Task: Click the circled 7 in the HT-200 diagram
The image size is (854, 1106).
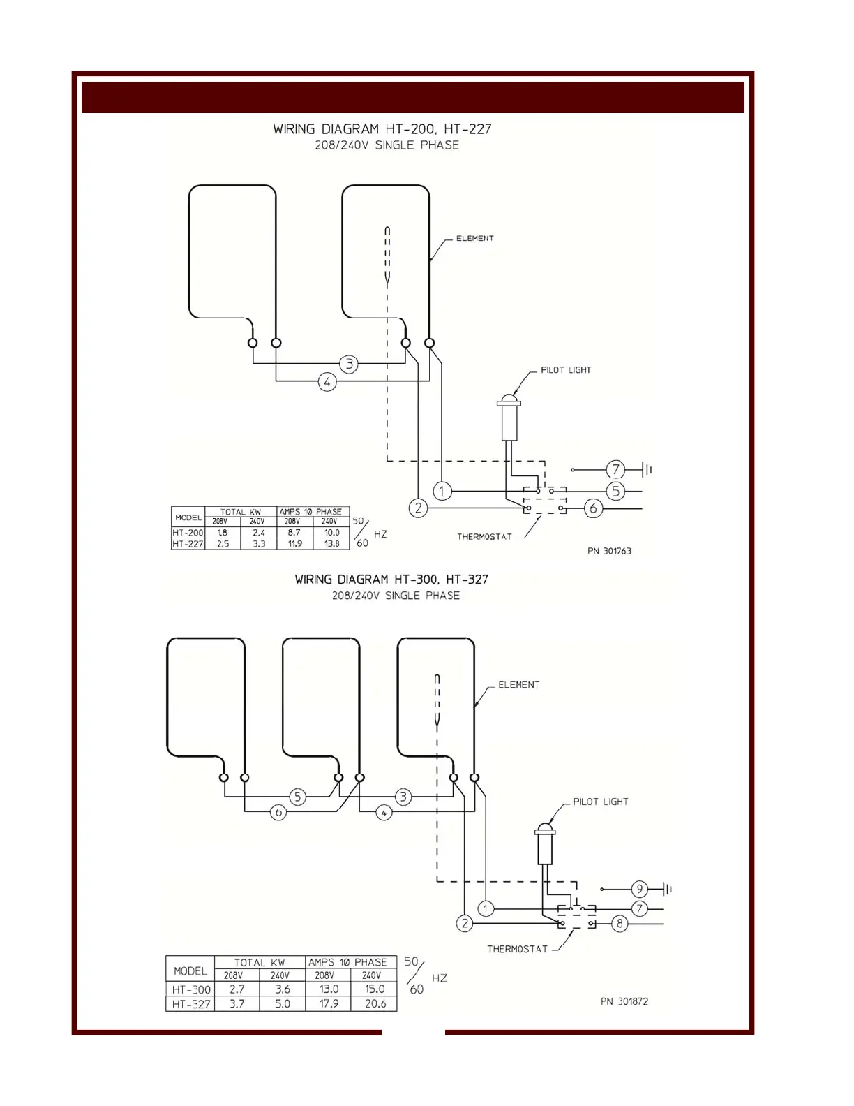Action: [615, 469]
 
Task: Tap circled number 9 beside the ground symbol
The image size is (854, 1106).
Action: [638, 889]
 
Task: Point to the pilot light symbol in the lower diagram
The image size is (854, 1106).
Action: [544, 845]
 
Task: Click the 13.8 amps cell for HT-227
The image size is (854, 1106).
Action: [331, 543]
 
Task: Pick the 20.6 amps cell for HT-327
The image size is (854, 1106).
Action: [375, 1003]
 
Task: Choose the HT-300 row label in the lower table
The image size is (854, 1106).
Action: [191, 989]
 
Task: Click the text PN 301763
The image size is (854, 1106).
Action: [609, 551]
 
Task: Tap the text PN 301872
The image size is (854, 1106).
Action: [624, 1001]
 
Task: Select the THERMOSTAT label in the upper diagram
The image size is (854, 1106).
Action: [484, 537]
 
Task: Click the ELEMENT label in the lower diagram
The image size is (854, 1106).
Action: [518, 685]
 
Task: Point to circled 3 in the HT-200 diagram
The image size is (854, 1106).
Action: [349, 363]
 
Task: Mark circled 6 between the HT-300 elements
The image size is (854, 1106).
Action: [278, 812]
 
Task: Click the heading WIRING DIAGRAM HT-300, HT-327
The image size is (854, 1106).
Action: [391, 580]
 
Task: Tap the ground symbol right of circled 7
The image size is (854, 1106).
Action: [647, 469]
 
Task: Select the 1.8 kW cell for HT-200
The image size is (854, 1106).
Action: [222, 532]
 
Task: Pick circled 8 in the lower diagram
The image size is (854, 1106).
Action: [619, 924]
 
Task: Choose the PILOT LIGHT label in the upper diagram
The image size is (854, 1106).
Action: [566, 370]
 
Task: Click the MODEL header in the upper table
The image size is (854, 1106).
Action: [188, 517]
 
